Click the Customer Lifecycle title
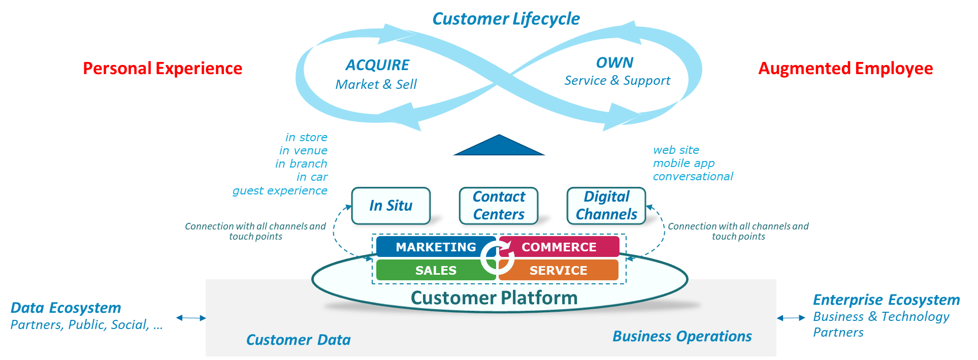point(506,19)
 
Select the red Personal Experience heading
point(162,68)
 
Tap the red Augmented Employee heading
point(845,68)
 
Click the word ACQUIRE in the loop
point(377,65)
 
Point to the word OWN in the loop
point(614,62)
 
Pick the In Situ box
point(391,206)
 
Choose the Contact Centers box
point(499,206)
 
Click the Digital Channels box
point(606,206)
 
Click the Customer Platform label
point(494,298)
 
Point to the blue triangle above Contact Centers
point(499,146)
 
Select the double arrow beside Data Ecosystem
point(191,318)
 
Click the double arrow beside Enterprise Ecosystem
point(791,318)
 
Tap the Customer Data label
point(299,340)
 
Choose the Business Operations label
point(682,336)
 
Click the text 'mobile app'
point(683,163)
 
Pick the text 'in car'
point(312,177)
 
